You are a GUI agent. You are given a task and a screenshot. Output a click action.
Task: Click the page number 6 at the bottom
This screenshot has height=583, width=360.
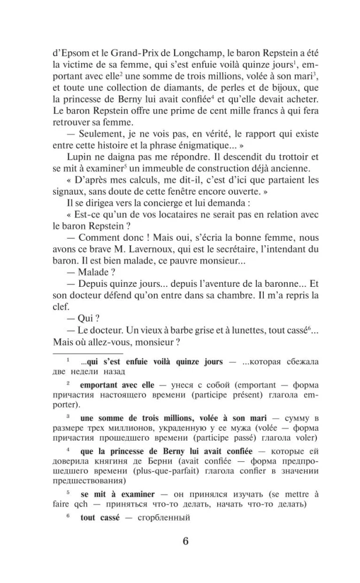click(x=185, y=539)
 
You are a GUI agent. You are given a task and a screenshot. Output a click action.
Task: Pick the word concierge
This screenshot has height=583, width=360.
click(x=153, y=224)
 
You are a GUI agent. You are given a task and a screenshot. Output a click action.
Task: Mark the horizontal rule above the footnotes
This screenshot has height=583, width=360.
click(x=87, y=353)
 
